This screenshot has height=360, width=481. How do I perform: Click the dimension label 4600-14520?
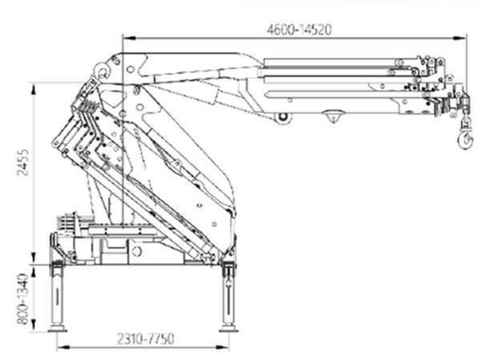pos(299,30)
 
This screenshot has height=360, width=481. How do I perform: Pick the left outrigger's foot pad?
pos(57,326)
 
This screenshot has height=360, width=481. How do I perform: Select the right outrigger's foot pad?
pos(228,326)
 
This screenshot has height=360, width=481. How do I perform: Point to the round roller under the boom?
pos(282,118)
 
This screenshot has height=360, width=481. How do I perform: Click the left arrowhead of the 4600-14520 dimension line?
pos(125,37)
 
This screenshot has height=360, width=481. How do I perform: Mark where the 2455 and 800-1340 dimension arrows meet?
pos(33,262)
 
